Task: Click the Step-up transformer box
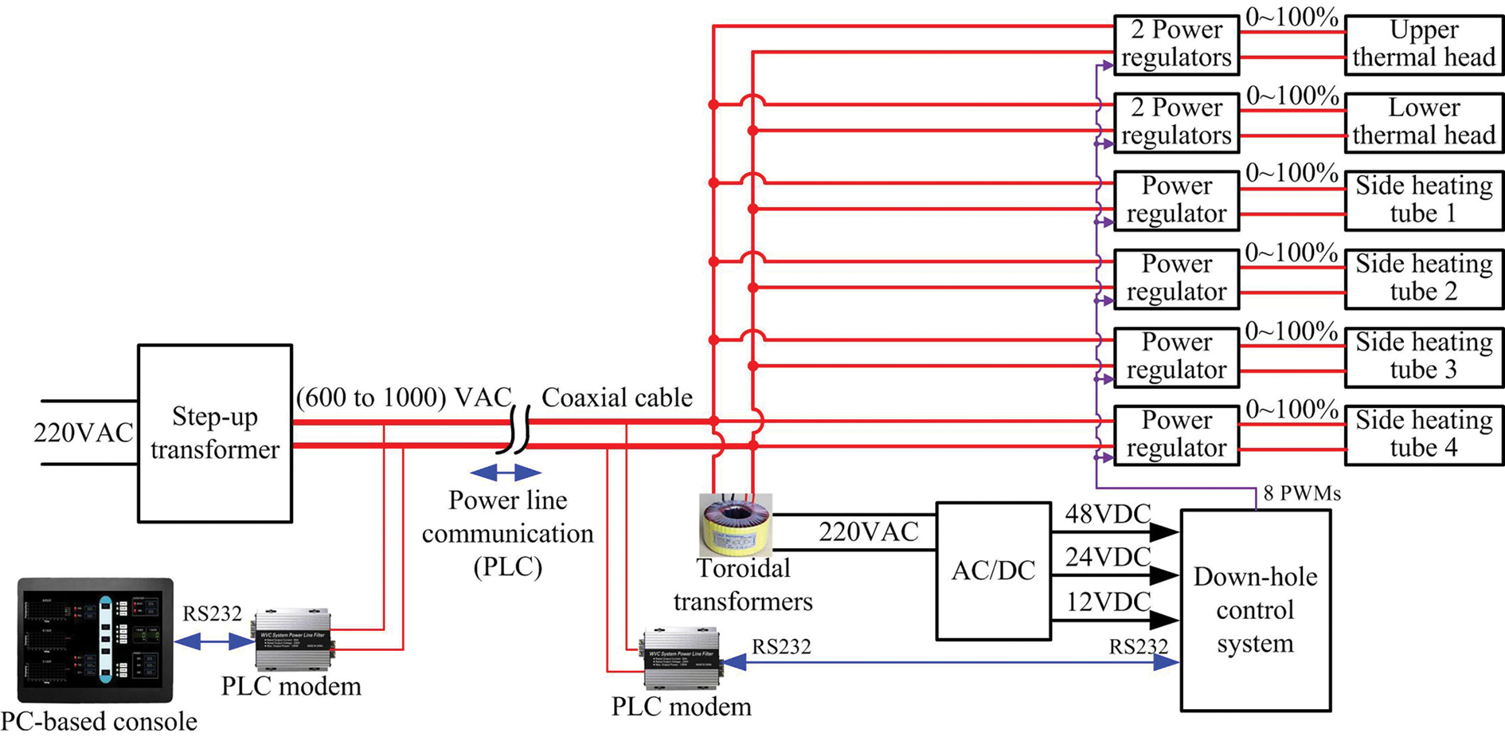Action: [x=215, y=433]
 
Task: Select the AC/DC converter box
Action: [x=993, y=570]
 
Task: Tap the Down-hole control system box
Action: [x=1255, y=610]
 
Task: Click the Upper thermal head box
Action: [x=1424, y=44]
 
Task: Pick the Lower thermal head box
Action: [x=1424, y=122]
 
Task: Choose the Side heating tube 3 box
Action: [x=1424, y=356]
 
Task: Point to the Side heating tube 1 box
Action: [x=1424, y=200]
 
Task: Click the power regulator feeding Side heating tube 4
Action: [x=1176, y=434]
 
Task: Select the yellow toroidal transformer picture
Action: [x=735, y=524]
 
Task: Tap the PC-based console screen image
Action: [x=95, y=640]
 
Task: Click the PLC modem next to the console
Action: [x=293, y=640]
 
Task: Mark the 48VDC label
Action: [x=1108, y=515]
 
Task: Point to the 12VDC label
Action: [x=1108, y=602]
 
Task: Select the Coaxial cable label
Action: [x=617, y=398]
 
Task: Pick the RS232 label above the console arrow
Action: [x=212, y=614]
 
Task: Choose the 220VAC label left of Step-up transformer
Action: [x=83, y=433]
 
